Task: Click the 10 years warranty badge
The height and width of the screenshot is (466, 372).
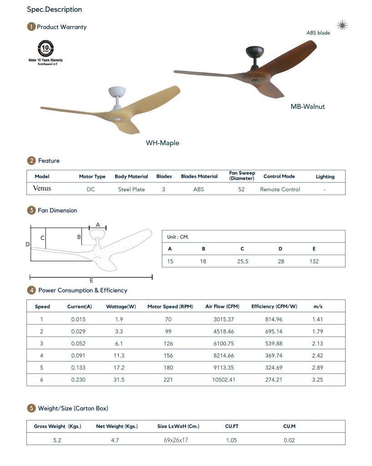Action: [45, 48]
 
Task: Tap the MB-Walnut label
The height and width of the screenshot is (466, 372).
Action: [307, 107]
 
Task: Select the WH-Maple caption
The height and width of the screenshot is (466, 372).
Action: [162, 143]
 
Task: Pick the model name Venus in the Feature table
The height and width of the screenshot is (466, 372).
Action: [42, 188]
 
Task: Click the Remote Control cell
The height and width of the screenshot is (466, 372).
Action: [280, 189]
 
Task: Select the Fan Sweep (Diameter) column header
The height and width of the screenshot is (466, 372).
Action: [241, 176]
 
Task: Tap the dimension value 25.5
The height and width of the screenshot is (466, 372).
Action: [242, 262]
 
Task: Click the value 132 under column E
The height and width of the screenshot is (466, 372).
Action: [314, 262]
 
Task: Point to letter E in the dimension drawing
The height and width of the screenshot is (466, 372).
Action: [91, 281]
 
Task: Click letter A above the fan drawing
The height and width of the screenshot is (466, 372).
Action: [97, 225]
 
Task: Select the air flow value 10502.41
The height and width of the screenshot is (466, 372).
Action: [224, 380]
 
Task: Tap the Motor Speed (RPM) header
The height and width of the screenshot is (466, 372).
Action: [170, 307]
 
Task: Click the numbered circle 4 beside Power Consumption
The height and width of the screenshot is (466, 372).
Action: [31, 290]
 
